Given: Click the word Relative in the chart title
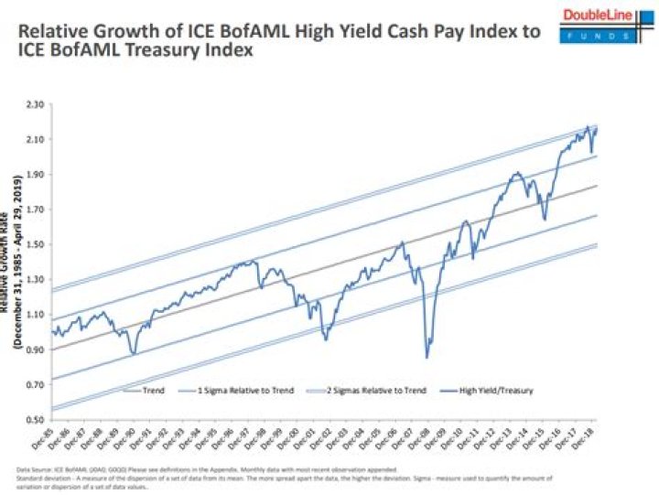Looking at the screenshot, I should point(58,33).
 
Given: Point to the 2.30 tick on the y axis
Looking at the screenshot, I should point(36,105).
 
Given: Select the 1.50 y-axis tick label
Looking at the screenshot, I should point(36,244).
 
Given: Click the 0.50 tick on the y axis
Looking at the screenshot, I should point(36,419).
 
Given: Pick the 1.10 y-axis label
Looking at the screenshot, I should point(36,315).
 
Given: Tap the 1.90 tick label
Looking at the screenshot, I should point(36,175).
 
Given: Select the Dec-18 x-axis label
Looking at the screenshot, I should point(585,438).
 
